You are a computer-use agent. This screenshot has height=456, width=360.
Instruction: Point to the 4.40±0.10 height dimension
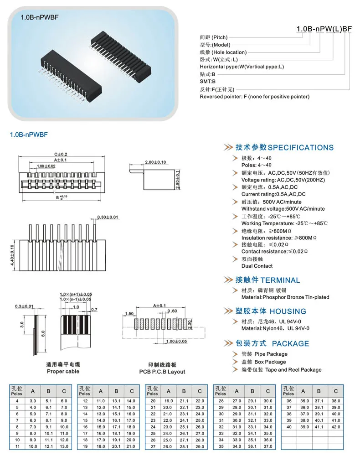tap(12, 255)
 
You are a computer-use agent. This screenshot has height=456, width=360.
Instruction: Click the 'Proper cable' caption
tap(62, 371)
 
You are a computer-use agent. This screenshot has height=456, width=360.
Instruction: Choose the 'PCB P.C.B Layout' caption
tap(162, 371)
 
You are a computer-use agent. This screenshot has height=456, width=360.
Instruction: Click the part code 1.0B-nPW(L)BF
tap(324, 29)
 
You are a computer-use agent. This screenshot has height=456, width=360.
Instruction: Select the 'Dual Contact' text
tap(257, 266)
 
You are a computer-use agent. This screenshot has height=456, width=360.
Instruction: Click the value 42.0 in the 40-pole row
tap(336, 427)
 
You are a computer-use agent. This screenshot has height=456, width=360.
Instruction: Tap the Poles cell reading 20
tap(153, 401)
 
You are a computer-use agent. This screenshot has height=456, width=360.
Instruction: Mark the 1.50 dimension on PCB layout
tap(129, 314)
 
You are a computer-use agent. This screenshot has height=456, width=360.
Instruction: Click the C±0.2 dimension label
tap(61, 155)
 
